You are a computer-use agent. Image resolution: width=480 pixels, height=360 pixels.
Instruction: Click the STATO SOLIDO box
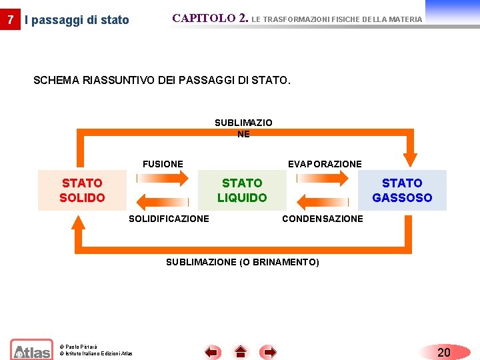[82, 190]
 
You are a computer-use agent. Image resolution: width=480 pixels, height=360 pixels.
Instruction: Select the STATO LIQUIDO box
[242, 190]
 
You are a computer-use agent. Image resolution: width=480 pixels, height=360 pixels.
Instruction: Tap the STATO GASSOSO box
[402, 190]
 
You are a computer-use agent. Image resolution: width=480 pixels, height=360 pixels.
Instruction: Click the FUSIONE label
[163, 164]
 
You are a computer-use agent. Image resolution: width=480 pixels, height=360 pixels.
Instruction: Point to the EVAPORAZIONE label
[325, 164]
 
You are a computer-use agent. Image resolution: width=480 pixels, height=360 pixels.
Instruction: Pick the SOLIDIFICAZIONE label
[169, 219]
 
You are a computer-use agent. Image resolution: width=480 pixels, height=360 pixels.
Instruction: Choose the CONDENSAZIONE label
[323, 219]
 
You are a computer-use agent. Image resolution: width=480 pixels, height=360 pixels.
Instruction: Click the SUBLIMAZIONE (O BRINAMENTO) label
[243, 262]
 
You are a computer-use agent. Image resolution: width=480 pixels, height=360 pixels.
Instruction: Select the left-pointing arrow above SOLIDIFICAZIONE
[163, 201]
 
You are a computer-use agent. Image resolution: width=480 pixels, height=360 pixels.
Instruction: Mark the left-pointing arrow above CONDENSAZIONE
[323, 201]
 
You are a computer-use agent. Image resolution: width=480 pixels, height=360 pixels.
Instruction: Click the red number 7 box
[9, 19]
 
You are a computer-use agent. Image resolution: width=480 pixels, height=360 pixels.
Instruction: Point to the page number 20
[443, 352]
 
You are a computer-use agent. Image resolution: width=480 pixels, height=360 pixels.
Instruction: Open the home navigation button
[241, 352]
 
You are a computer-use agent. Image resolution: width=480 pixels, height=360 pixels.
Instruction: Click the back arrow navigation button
[212, 352]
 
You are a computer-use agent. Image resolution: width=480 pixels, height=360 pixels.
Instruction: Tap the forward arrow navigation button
[269, 352]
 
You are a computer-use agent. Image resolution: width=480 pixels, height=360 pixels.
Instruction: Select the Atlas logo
[31, 350]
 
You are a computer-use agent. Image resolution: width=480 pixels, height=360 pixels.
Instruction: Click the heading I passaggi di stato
[77, 20]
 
